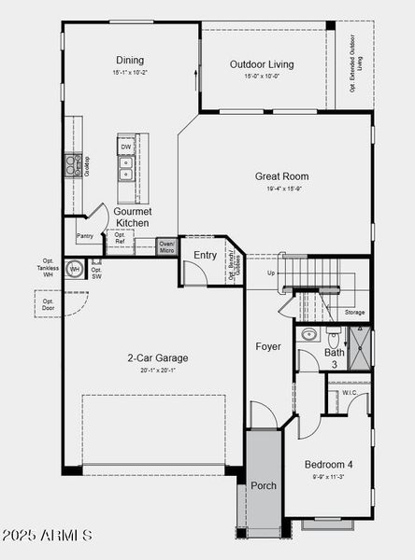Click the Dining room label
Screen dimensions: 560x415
[x=130, y=61]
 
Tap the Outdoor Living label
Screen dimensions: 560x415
[x=262, y=64]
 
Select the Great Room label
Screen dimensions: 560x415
[x=281, y=176]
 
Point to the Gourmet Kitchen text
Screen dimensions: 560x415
[x=132, y=217]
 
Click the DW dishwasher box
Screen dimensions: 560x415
[x=125, y=147]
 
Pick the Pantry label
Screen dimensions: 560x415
[x=84, y=236]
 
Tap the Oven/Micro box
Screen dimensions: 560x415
[x=166, y=247]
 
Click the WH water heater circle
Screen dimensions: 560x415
[x=75, y=269]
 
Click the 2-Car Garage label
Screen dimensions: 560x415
[x=158, y=357]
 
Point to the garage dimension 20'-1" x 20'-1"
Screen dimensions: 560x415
[x=158, y=370]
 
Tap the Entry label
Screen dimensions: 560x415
[x=205, y=255]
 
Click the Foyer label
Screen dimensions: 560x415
[x=268, y=347]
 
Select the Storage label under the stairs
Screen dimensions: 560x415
[x=354, y=312]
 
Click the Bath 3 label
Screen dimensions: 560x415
[x=335, y=357]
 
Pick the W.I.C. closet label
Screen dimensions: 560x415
[x=350, y=393]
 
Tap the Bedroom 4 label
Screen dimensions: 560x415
[x=329, y=464]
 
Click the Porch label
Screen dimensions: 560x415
[x=264, y=485]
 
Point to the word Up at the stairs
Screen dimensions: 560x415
[x=271, y=273]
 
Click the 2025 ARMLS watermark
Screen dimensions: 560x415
[x=47, y=535]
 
